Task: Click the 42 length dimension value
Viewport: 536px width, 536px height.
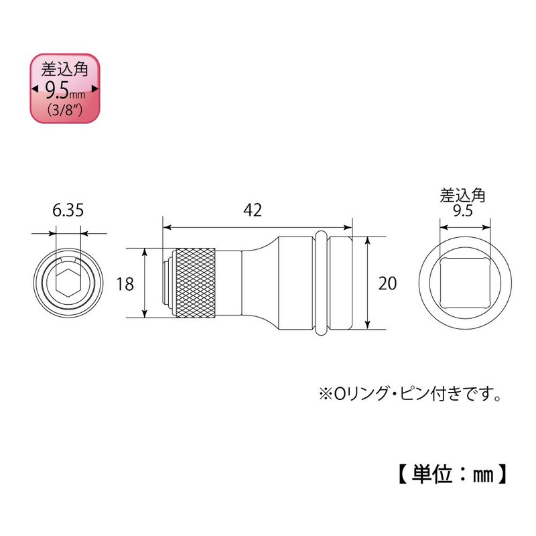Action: [x=252, y=210]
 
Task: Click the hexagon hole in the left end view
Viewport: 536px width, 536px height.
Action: [x=68, y=283]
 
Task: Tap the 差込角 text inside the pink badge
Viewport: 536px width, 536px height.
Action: [x=66, y=70]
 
